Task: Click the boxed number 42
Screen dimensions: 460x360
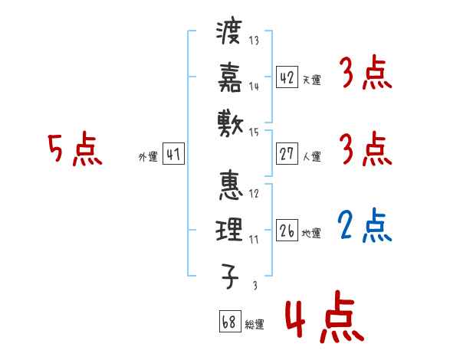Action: coord(287,77)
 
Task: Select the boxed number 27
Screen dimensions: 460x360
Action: coord(287,153)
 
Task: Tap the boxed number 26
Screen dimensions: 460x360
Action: coord(287,231)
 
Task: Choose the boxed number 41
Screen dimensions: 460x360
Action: coord(172,154)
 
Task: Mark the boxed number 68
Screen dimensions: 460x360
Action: coord(228,322)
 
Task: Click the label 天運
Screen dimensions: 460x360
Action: coord(311,80)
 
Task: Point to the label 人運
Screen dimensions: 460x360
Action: coord(311,156)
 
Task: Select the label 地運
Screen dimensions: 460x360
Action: coord(311,234)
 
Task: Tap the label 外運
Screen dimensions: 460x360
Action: coord(148,157)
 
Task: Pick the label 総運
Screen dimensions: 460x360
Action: coord(254,325)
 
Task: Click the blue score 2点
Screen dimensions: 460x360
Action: coord(365,225)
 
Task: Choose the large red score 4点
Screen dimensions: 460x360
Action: coord(324,320)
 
